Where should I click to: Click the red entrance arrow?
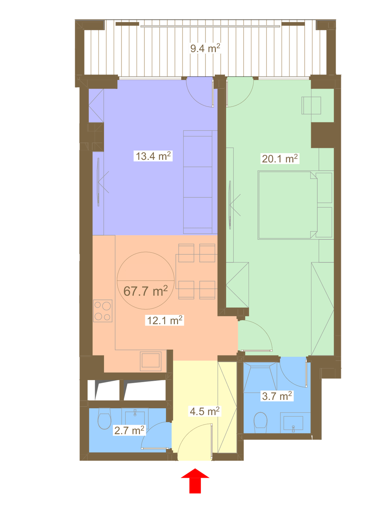[x=195, y=481]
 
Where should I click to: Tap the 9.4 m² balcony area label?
[x=205, y=48]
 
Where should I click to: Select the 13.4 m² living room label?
[x=153, y=156]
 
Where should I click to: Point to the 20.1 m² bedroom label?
[x=280, y=159]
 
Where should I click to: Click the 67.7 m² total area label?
[x=146, y=291]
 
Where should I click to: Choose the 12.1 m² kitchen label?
[x=165, y=320]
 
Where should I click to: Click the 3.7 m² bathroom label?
[x=277, y=396]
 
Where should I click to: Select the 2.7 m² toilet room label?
[x=129, y=430]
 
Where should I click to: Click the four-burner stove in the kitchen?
[x=103, y=311]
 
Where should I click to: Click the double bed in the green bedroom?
[x=288, y=205]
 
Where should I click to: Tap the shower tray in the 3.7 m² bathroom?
[x=260, y=378]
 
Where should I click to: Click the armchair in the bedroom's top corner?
[x=311, y=105]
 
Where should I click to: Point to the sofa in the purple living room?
[x=200, y=182]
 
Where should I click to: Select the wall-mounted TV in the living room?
[x=99, y=182]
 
